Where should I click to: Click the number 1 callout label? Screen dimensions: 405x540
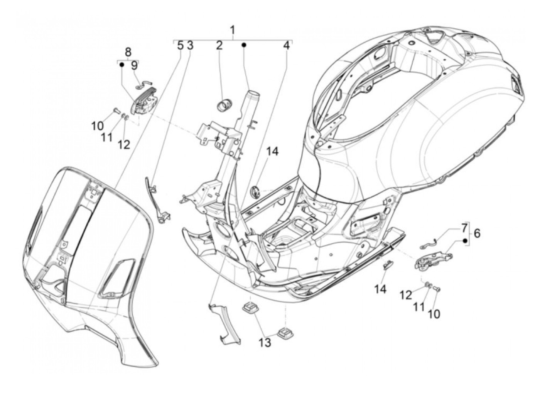click(233, 30)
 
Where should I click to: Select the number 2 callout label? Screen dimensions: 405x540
click(219, 46)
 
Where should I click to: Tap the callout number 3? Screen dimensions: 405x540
click(190, 46)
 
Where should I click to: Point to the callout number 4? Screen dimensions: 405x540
click(286, 46)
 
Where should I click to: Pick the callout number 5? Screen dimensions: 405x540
click(180, 46)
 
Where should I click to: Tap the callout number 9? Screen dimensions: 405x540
click(134, 66)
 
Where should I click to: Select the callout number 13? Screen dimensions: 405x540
click(265, 342)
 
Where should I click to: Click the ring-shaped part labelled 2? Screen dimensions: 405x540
click(225, 105)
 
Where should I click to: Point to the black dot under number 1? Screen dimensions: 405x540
click(244, 45)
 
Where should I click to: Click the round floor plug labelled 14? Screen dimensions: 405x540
click(255, 191)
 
